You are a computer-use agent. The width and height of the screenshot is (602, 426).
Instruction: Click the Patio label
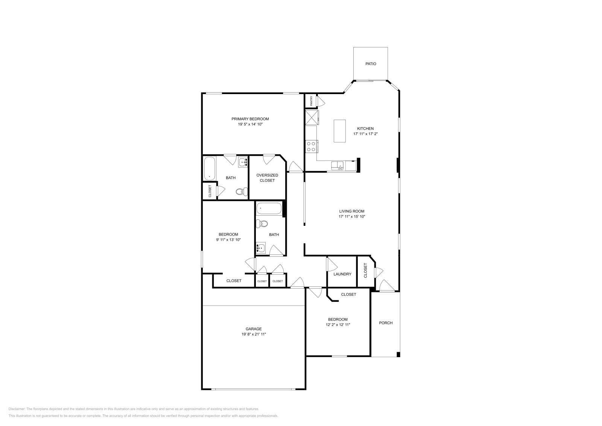(x=371, y=64)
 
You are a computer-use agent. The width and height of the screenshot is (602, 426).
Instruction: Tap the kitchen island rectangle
(x=340, y=131)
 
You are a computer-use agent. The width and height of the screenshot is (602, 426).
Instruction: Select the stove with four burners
(x=312, y=146)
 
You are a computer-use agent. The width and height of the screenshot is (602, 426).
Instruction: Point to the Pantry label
(x=311, y=100)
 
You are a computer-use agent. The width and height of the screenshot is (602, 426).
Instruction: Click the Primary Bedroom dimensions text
(x=250, y=124)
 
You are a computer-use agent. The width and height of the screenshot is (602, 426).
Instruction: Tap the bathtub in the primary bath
(x=210, y=169)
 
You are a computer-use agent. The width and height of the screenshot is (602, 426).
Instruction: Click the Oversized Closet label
(x=267, y=178)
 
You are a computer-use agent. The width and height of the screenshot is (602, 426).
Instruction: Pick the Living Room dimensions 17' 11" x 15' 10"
(x=352, y=217)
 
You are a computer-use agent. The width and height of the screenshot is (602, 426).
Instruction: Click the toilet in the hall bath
(x=262, y=224)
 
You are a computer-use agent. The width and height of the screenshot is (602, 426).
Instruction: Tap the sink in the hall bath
(x=260, y=248)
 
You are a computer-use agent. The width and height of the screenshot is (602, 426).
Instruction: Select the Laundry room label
(x=342, y=274)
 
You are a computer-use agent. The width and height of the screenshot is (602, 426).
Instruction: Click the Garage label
(x=254, y=329)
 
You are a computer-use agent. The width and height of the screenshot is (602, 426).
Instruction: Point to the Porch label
(x=386, y=323)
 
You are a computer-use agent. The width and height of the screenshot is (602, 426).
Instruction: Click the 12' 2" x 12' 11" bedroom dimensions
(x=338, y=325)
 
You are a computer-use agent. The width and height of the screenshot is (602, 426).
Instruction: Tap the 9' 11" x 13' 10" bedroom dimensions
(x=228, y=240)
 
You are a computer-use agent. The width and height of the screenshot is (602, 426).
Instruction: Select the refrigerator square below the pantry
(x=312, y=117)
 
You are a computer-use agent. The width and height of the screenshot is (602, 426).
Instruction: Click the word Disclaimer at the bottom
(x=17, y=409)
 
